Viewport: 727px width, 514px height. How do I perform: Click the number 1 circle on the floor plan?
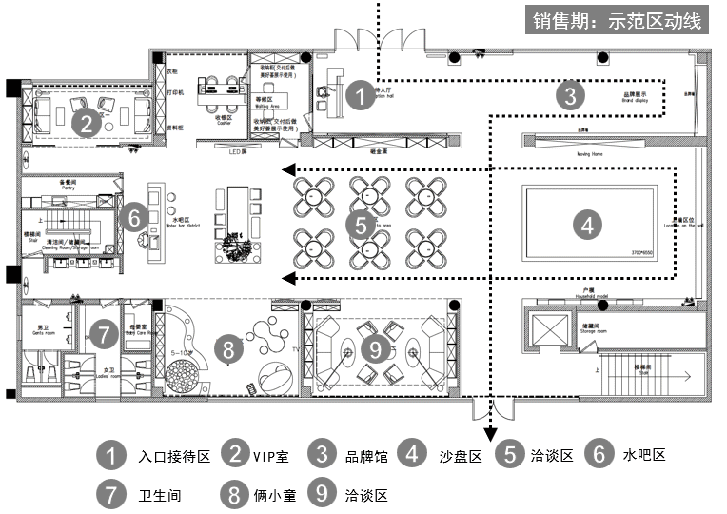click(x=360, y=94)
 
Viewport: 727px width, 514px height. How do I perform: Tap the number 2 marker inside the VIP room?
click(x=86, y=122)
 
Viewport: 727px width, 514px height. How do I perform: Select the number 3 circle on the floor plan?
click(x=569, y=95)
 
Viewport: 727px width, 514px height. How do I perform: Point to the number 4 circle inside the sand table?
click(x=588, y=226)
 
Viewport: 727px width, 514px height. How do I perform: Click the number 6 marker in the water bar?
click(x=134, y=217)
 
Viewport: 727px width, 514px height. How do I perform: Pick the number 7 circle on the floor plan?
click(x=102, y=334)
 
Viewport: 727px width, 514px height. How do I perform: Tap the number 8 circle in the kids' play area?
click(x=229, y=348)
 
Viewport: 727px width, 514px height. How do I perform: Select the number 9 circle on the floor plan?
click(x=376, y=349)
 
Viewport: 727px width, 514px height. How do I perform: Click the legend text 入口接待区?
click(x=173, y=456)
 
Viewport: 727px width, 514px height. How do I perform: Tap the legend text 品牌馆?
click(x=365, y=456)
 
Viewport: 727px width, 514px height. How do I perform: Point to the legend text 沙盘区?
click(x=461, y=456)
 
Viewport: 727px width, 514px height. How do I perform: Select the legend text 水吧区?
click(x=644, y=454)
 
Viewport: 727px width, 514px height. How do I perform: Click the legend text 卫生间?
click(x=159, y=495)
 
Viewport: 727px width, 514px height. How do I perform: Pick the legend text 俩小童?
click(x=275, y=495)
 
